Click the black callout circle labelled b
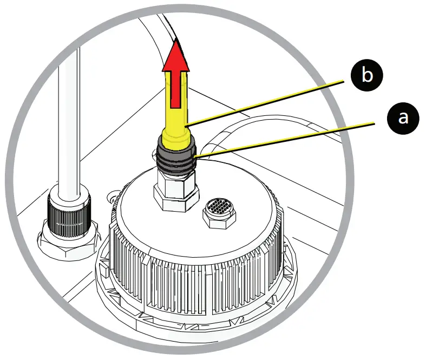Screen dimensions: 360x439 coord(367,75)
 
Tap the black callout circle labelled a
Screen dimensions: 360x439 coord(403,117)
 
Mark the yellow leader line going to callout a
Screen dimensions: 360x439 coord(287,140)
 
